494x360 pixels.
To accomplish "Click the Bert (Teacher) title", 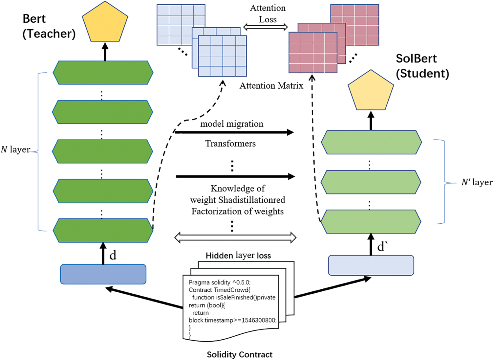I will (49, 26).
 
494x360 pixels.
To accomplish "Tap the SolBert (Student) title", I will (422, 66).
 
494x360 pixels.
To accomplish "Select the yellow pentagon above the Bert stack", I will (105, 23).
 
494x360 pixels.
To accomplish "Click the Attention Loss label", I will (268, 14).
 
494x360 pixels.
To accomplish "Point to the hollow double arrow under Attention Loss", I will (265, 27).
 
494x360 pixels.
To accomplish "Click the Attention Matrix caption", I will (271, 86).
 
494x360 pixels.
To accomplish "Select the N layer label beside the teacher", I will (15, 150).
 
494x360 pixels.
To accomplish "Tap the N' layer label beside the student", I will (477, 182).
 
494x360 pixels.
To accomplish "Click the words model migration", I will (232, 124).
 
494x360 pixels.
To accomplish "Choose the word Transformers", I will (230, 144).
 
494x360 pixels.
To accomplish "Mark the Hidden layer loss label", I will (238, 256).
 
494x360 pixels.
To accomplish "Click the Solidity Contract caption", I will (240, 354).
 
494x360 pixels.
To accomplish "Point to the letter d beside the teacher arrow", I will (113, 255).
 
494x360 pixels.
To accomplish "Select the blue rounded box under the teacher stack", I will (103, 274).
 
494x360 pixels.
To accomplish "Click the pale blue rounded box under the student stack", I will (371, 265).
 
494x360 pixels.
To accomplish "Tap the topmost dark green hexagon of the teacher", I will (103, 73).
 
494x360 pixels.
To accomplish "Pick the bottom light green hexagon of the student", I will (371, 221).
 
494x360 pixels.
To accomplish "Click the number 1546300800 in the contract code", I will (258, 320).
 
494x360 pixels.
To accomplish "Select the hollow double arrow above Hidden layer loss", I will (235, 237).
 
